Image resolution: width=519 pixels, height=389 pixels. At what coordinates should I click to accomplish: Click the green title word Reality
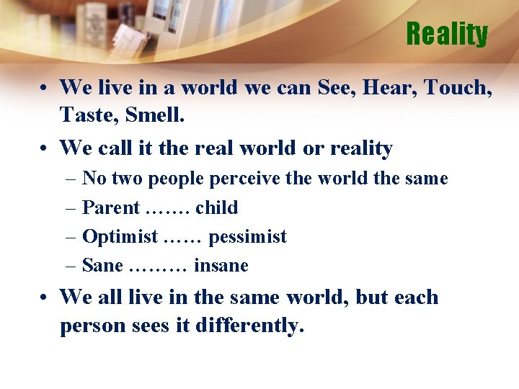(x=447, y=34)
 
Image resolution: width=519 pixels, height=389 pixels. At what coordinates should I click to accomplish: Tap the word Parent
(x=111, y=208)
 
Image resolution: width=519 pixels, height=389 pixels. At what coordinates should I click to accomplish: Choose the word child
(x=216, y=208)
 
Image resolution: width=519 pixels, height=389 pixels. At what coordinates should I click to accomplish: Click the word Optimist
(x=120, y=237)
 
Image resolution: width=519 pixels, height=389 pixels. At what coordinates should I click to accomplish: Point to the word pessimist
(x=247, y=237)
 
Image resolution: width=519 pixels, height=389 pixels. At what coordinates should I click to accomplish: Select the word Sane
(x=102, y=266)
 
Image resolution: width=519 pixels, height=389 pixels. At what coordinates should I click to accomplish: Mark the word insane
(x=221, y=266)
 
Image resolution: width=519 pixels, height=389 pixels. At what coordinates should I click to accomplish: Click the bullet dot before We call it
(x=45, y=149)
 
